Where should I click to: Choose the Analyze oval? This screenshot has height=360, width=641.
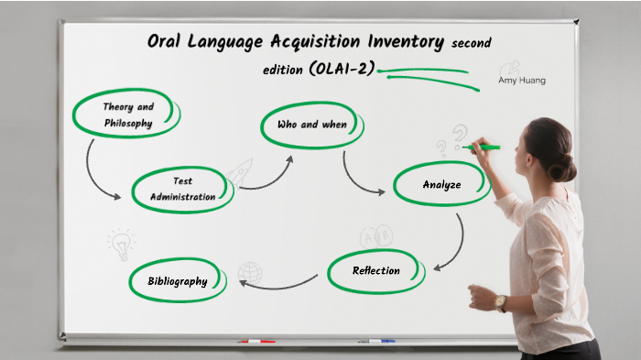441,185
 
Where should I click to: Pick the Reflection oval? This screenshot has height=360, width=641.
376,271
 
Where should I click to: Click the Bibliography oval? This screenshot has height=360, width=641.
178,281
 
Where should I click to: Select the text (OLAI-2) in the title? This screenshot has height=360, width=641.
342,70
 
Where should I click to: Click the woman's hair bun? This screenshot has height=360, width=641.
564,167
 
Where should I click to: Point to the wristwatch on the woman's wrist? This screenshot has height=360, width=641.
500,301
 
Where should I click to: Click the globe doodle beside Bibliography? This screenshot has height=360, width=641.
248,272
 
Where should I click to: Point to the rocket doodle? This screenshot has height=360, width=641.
241,170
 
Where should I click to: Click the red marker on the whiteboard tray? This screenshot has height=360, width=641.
256,342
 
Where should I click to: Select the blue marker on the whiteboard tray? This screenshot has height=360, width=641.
375,342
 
